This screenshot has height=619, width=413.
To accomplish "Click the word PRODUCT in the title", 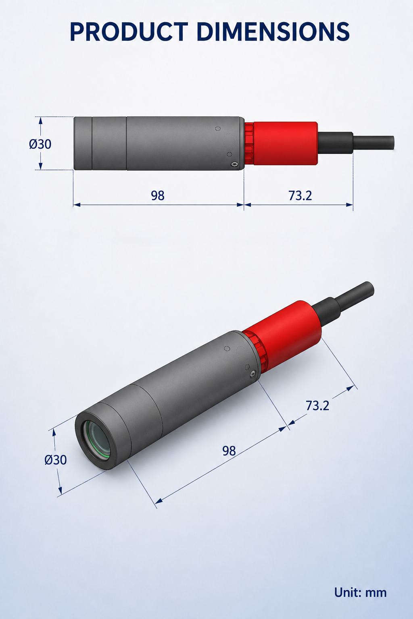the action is click(x=129, y=32).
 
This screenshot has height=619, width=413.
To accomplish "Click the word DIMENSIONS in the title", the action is click(x=273, y=32).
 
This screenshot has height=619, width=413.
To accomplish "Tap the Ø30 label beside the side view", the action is click(x=40, y=144).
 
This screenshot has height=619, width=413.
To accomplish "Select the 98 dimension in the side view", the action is click(x=158, y=195).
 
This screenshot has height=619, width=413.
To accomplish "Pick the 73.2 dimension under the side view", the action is click(x=300, y=195).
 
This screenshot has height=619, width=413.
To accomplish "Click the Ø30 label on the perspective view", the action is click(x=56, y=460).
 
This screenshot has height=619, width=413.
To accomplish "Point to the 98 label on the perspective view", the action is click(x=229, y=451).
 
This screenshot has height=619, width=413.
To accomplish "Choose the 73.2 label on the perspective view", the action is click(x=317, y=406).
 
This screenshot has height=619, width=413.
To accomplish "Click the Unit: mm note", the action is click(x=361, y=592).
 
